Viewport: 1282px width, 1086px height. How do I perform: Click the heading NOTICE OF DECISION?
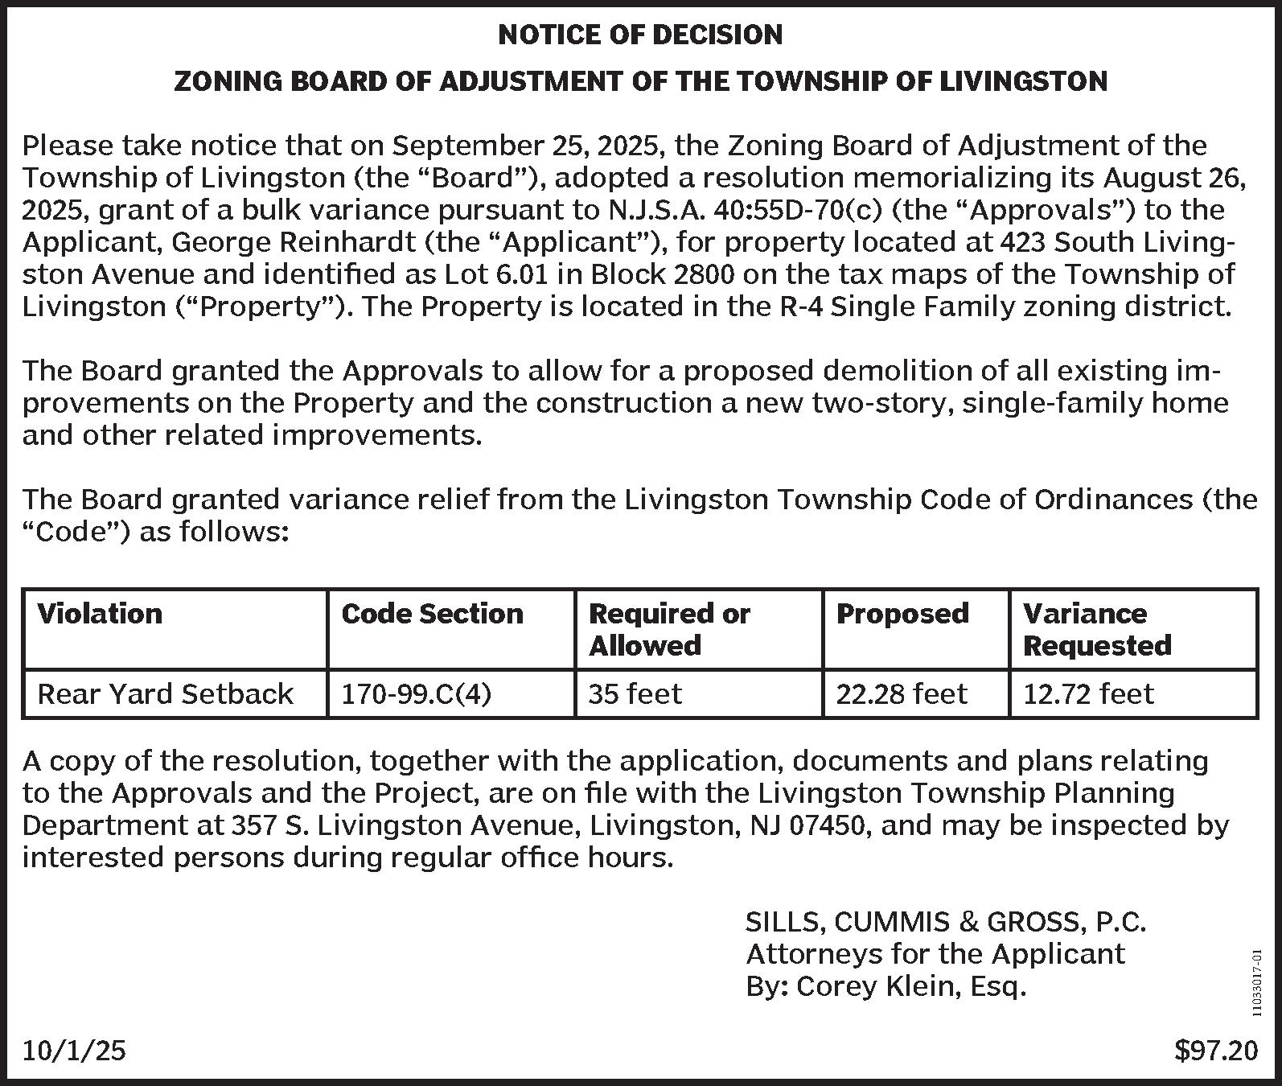640,35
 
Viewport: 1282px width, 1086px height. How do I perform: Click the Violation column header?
100,614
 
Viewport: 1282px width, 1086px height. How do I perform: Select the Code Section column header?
432,614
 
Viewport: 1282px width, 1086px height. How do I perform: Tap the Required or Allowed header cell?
669,629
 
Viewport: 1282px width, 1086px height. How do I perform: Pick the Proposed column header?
902,614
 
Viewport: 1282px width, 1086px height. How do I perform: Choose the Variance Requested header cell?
1097,629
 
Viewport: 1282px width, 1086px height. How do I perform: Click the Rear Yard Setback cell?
166,693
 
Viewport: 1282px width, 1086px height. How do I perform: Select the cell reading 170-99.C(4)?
416,693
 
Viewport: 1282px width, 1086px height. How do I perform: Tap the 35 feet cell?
635,693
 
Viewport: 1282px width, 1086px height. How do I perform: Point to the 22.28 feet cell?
902,693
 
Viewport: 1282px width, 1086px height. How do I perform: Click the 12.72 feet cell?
1088,693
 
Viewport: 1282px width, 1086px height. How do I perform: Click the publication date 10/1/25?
74,1051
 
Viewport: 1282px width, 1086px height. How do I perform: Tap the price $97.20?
1216,1051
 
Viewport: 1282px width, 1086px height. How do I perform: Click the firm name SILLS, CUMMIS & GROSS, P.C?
946,922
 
